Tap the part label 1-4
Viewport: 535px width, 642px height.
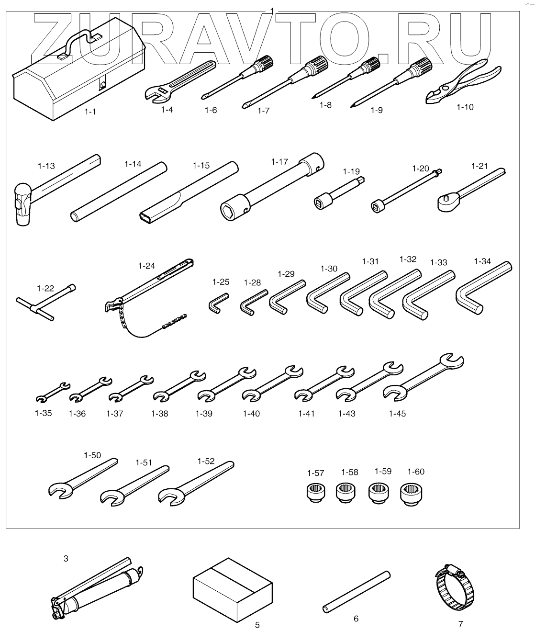tap(167, 110)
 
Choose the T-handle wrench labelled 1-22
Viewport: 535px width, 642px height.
tap(45, 306)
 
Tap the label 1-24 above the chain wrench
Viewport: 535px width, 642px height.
tap(146, 265)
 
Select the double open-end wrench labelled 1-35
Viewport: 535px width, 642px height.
tap(53, 392)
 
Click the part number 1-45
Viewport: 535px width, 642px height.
tap(397, 414)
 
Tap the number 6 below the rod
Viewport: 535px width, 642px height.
tap(356, 619)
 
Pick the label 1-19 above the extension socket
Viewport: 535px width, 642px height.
tap(351, 171)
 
